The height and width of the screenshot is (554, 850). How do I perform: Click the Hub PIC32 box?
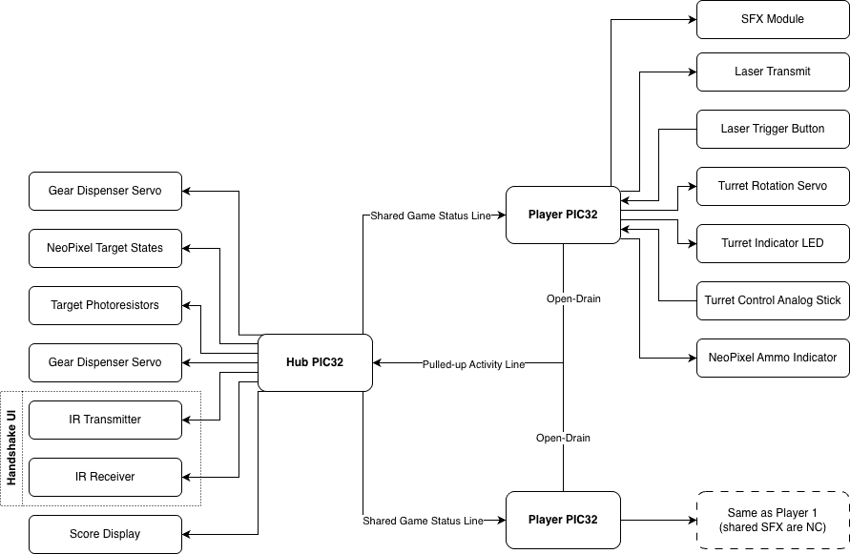point(315,362)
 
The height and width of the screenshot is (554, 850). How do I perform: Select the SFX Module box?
point(773,19)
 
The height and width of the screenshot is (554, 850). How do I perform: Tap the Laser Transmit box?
point(773,72)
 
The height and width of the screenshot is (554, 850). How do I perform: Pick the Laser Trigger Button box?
point(773,129)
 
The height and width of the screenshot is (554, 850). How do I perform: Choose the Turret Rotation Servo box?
point(773,187)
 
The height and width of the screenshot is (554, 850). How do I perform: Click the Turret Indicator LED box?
point(773,243)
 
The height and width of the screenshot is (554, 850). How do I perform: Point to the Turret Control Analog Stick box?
point(773,301)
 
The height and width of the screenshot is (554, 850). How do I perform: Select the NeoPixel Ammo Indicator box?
point(773,358)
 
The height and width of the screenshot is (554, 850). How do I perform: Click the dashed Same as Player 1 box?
point(773,521)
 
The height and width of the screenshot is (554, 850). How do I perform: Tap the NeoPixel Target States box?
point(105,248)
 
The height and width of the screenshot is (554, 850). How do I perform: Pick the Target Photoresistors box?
point(105,306)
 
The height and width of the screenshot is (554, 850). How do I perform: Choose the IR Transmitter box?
point(105,421)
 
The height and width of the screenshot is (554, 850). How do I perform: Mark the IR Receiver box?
point(105,478)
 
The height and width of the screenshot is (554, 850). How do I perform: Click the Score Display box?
point(105,535)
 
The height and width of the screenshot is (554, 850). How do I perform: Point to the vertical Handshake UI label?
point(10,448)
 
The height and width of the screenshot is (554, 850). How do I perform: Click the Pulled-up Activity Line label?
point(474,365)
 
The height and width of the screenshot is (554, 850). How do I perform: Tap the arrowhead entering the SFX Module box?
point(693,19)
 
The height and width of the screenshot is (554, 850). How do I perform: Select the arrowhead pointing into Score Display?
point(186,535)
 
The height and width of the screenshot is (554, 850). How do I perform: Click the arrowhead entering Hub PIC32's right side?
point(377,362)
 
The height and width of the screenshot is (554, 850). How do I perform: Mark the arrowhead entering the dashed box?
point(693,521)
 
